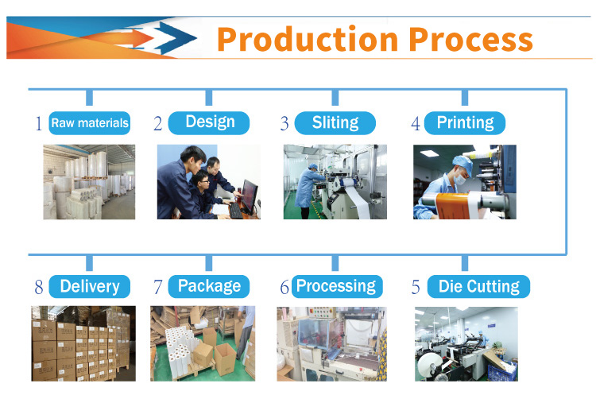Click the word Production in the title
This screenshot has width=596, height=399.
(308, 40)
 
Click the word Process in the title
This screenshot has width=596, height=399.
(470, 40)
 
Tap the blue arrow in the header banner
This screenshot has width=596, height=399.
(176, 37)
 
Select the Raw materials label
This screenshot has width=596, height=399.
(90, 123)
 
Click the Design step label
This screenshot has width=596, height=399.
(209, 123)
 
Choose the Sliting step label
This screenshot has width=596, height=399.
(335, 123)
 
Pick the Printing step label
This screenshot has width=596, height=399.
(465, 123)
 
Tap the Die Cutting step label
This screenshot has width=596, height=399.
(478, 286)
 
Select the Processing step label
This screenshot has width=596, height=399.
(337, 286)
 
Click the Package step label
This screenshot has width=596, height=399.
(209, 286)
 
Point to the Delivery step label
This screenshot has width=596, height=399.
(90, 286)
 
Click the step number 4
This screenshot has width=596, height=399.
(416, 123)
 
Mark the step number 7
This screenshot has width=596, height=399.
(158, 287)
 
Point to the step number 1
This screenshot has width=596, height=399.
(39, 123)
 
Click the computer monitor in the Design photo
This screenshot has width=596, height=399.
(250, 196)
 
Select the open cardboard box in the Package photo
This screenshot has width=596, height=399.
(226, 358)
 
